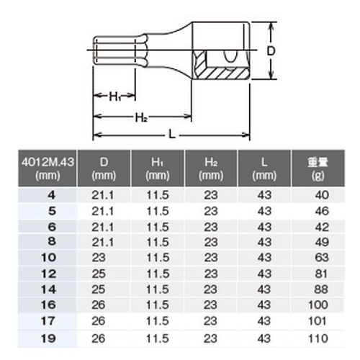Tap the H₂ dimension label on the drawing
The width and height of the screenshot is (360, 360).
(x=141, y=117)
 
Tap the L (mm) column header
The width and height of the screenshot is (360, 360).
(x=264, y=168)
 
